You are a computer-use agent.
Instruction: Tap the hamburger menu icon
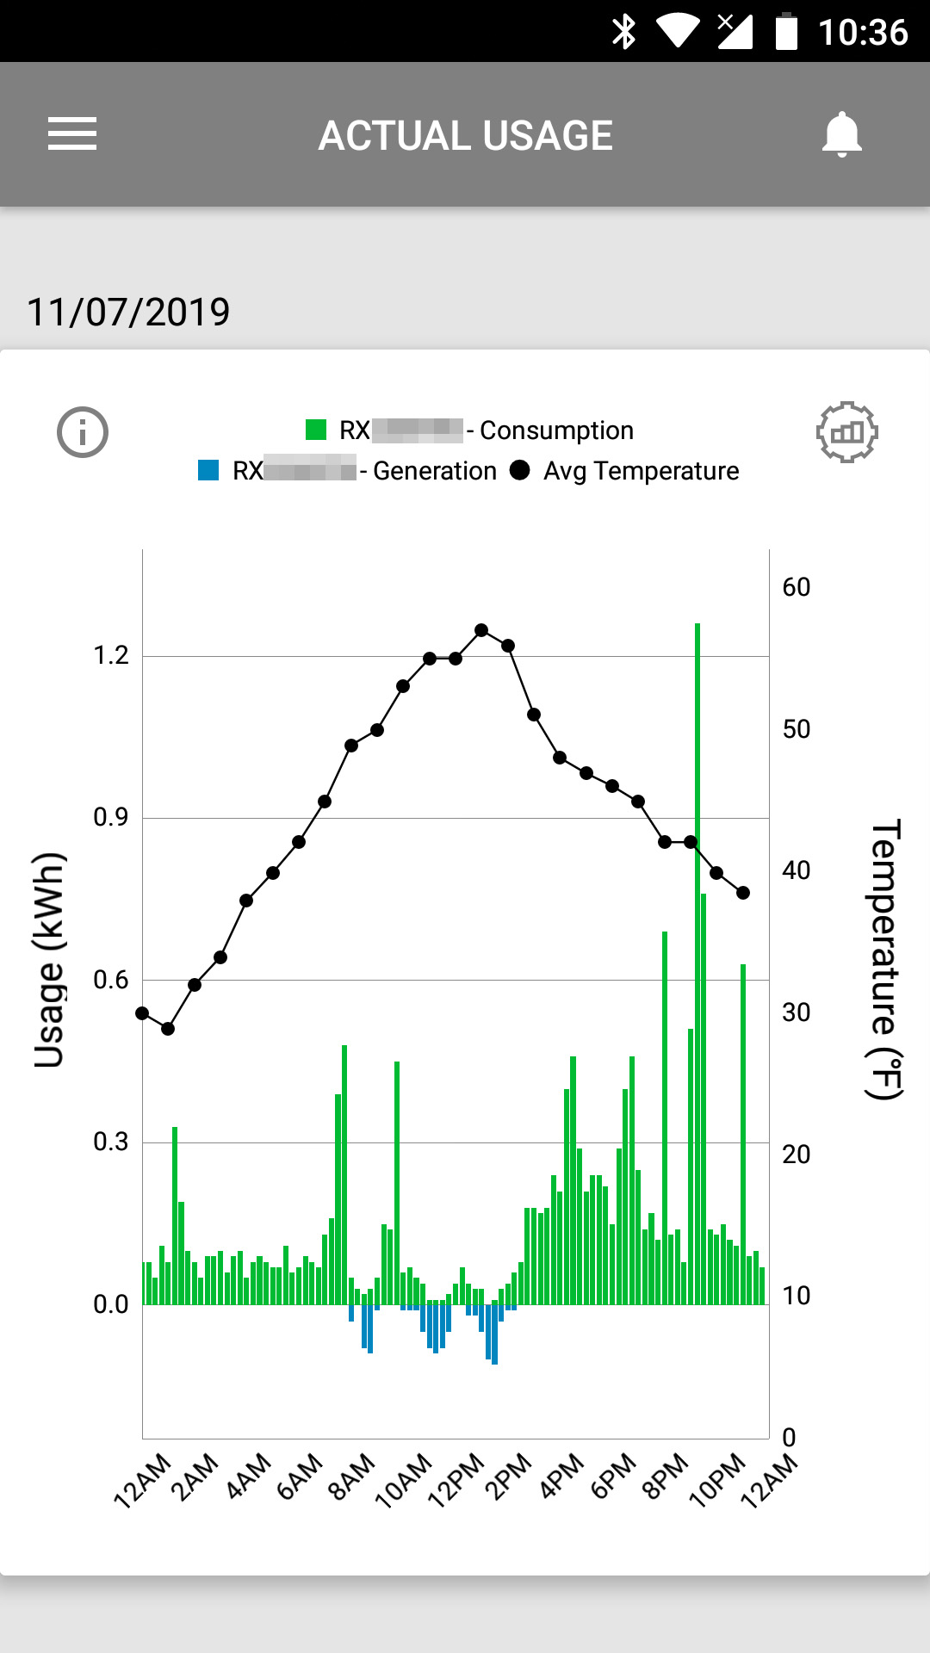point(72,134)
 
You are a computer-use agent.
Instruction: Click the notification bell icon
point(841,134)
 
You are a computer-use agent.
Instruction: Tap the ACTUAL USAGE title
point(465,135)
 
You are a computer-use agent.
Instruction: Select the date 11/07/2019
point(128,312)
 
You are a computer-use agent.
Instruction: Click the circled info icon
point(83,432)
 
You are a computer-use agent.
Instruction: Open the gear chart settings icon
point(846,432)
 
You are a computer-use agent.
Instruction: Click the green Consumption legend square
point(316,430)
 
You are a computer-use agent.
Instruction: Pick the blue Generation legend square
point(208,470)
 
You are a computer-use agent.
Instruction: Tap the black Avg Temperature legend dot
point(520,470)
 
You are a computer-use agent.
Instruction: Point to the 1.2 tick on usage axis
point(111,656)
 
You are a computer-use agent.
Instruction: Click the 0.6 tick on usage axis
point(111,980)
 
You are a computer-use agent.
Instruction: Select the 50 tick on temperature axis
point(796,729)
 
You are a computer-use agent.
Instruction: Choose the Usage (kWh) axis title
point(49,960)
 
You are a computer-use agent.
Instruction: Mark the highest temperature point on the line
point(481,630)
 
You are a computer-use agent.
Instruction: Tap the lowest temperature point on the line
point(168,1029)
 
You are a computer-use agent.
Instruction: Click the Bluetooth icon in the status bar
point(623,32)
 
